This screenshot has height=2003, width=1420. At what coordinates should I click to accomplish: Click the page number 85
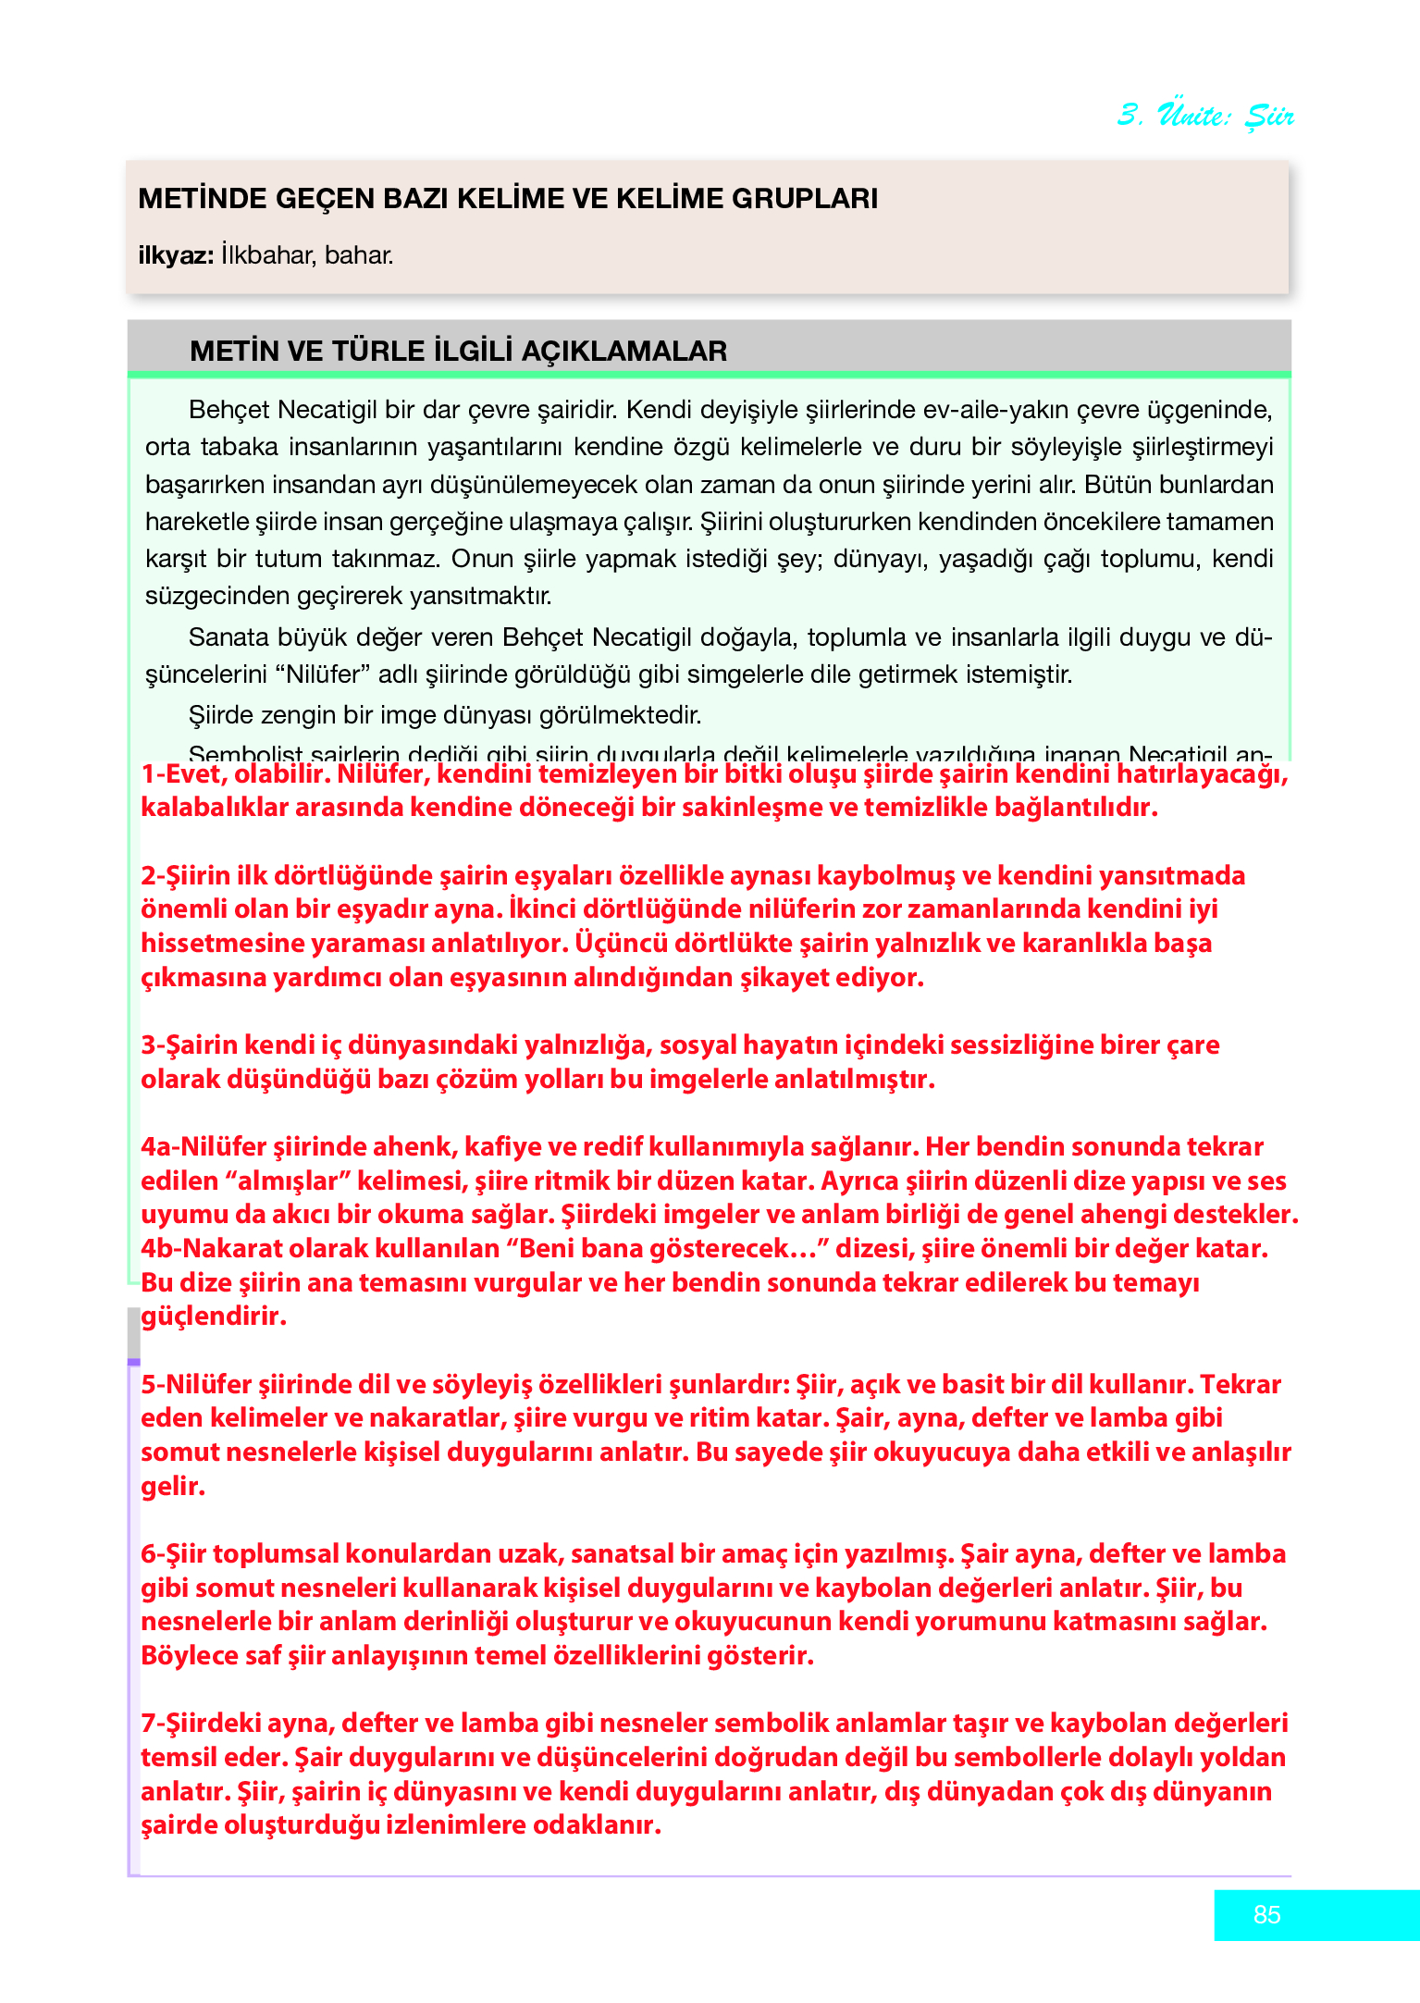click(1266, 1914)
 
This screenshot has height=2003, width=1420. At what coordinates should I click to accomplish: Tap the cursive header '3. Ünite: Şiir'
click(1204, 115)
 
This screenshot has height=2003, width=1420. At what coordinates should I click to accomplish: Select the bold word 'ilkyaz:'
click(176, 255)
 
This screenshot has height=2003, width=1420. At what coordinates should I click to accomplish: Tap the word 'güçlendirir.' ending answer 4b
click(214, 1317)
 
